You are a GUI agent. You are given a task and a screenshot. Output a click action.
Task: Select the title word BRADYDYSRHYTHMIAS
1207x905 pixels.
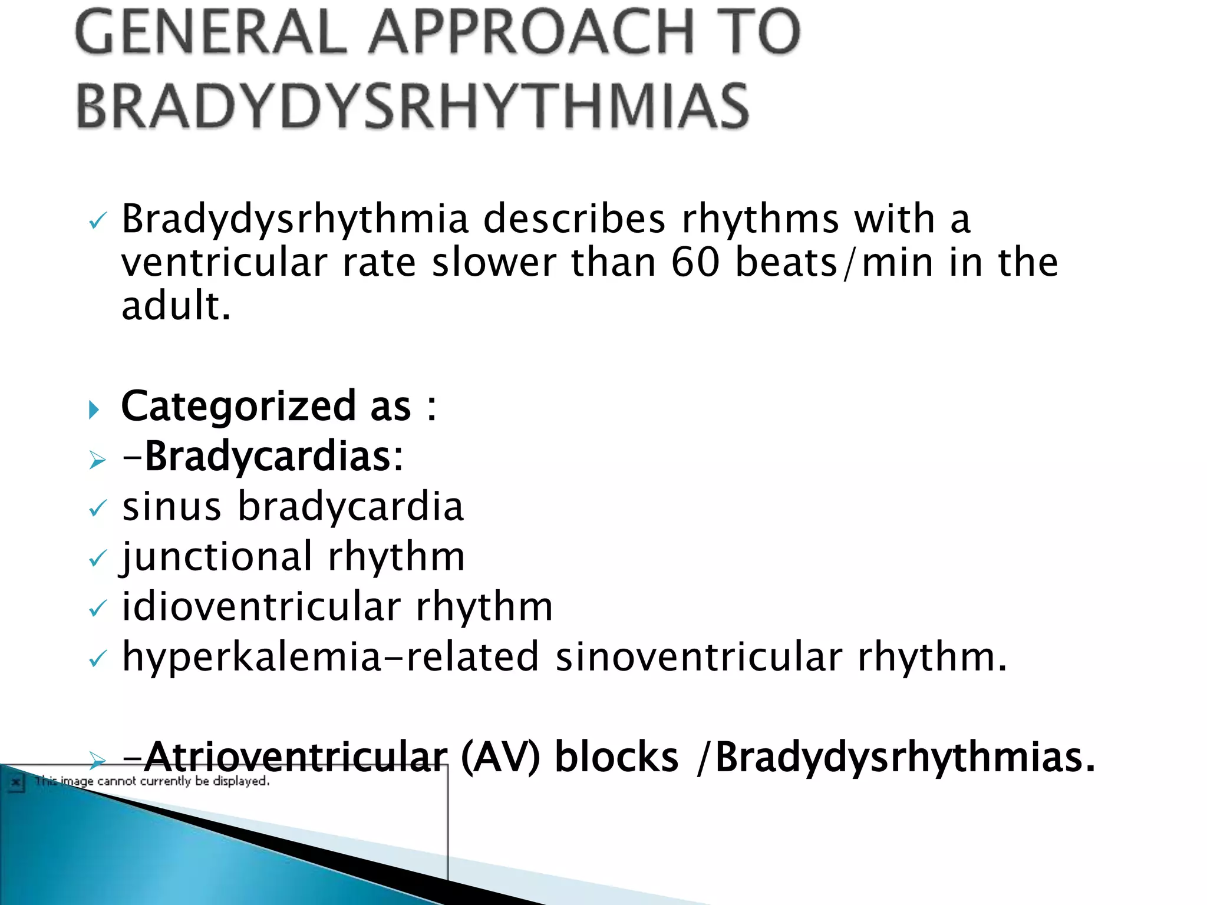[413, 106]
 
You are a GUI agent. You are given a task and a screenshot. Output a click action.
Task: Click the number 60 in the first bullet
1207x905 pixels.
[695, 262]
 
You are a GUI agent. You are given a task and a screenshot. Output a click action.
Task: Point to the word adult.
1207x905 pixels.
[176, 306]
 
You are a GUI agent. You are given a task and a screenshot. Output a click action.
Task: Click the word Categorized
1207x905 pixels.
[238, 406]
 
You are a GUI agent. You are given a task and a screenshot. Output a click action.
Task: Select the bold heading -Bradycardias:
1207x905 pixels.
[263, 457]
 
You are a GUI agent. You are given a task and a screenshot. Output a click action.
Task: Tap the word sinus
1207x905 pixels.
[172, 507]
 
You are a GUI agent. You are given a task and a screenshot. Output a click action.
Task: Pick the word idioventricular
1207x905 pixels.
[261, 607]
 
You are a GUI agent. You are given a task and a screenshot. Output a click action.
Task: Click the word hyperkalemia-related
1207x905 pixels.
[330, 657]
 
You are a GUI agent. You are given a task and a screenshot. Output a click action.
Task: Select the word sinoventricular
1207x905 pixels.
[699, 657]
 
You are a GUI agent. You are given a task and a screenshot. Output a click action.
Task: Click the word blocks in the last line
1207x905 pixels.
[616, 757]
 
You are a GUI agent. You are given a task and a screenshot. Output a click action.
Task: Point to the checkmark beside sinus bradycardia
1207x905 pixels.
[97, 508]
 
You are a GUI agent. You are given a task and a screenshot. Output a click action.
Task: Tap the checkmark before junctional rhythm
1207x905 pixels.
[97, 558]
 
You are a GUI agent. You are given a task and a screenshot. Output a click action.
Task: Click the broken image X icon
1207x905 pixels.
[16, 783]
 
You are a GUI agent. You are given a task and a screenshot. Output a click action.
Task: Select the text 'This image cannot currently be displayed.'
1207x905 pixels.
[152, 781]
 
